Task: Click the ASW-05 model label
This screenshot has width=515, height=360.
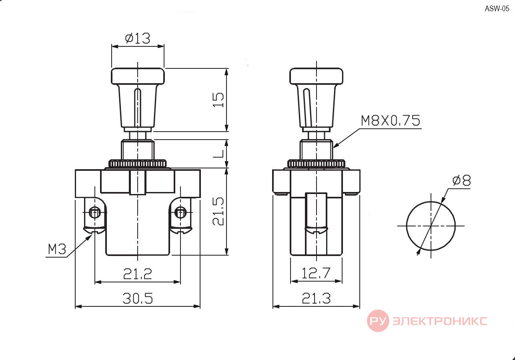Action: click(x=497, y=9)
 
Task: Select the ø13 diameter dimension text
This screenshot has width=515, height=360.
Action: click(x=138, y=38)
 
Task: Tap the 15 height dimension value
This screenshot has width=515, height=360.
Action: click(x=218, y=100)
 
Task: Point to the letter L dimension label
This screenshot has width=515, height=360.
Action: click(x=218, y=154)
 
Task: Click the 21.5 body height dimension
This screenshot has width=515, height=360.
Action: click(x=218, y=211)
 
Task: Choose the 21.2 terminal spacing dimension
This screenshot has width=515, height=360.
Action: click(x=138, y=274)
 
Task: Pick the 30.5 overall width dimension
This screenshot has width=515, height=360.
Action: click(x=138, y=298)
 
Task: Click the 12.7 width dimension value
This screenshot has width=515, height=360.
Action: click(x=316, y=273)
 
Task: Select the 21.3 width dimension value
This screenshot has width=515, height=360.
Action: click(x=316, y=298)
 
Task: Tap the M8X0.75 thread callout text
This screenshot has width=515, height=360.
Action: click(x=391, y=120)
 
